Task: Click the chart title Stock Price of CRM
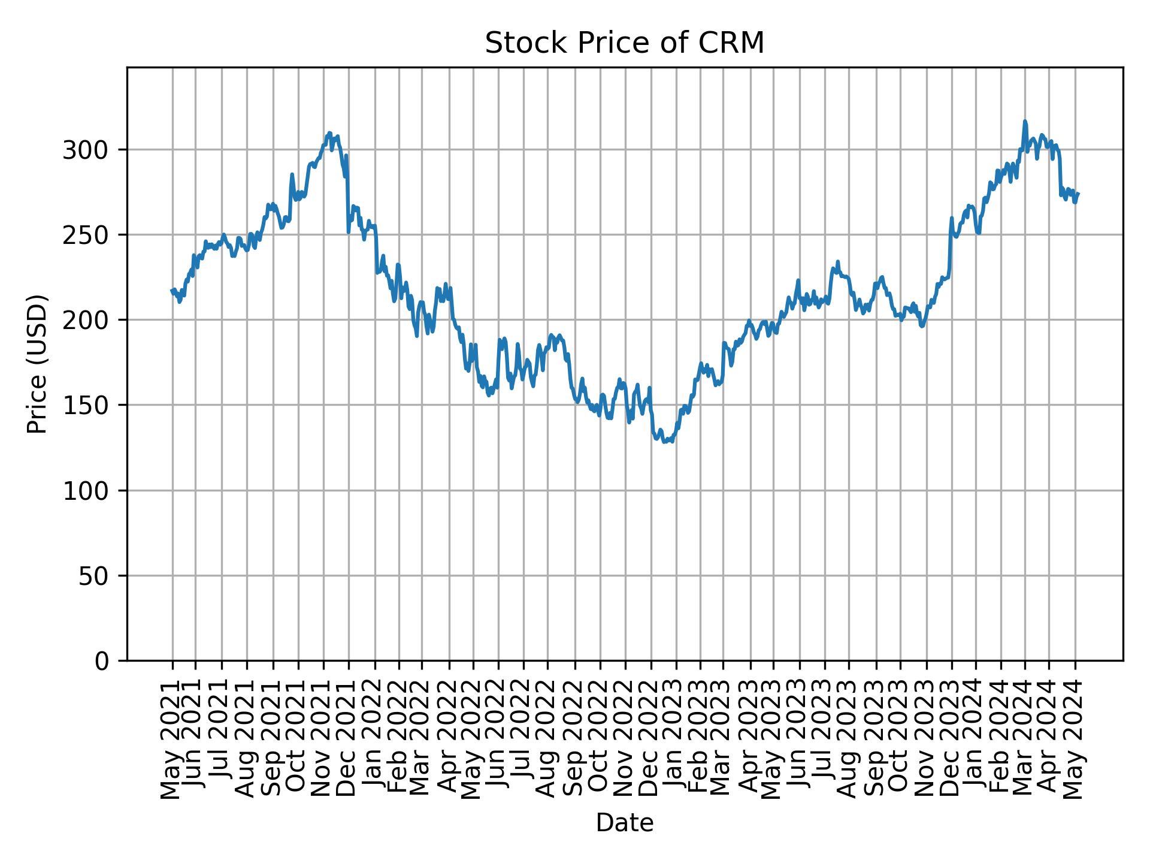tap(624, 43)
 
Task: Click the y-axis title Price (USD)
tap(37, 364)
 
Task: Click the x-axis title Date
tap(624, 823)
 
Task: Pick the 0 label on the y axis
tap(102, 661)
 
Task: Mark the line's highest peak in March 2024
tap(1025, 121)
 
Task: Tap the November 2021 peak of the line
tap(329, 133)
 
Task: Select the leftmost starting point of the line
tap(172, 291)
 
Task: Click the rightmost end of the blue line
tap(1078, 194)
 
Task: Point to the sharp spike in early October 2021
tap(292, 174)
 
